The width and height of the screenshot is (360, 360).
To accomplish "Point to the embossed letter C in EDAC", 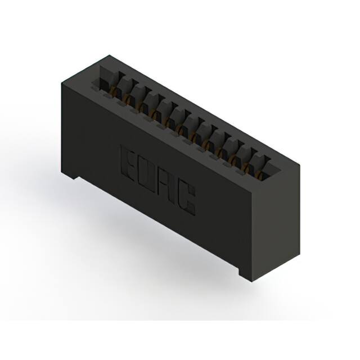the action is [186, 199].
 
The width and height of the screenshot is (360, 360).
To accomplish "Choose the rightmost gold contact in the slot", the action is [260, 175].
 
